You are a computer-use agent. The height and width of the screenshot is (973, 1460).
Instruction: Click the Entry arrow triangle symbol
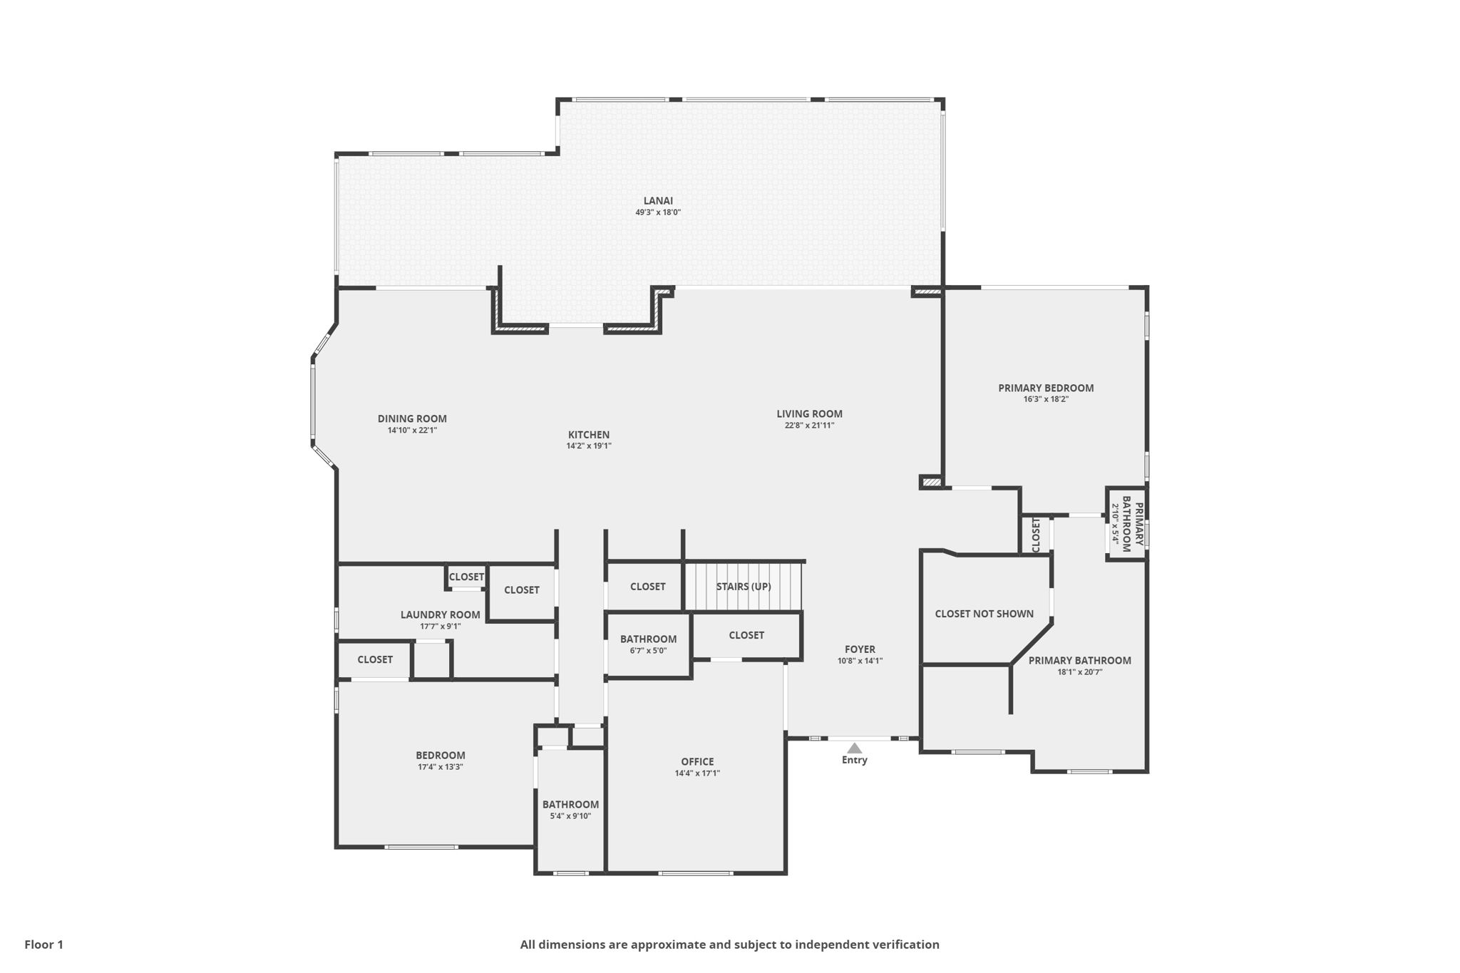pyautogui.click(x=854, y=748)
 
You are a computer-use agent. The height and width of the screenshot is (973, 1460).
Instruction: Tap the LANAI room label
pyautogui.click(x=658, y=201)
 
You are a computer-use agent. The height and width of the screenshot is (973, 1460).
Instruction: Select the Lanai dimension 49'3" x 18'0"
pyautogui.click(x=658, y=212)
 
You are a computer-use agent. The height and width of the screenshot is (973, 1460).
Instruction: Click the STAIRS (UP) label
pyautogui.click(x=744, y=587)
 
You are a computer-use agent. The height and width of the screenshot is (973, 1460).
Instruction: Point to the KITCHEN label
pyautogui.click(x=589, y=435)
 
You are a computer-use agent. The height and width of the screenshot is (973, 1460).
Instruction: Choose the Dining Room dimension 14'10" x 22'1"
pyautogui.click(x=412, y=431)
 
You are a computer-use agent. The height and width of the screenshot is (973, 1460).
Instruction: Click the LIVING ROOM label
pyautogui.click(x=809, y=414)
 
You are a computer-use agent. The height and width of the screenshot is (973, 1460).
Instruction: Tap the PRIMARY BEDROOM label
pyautogui.click(x=1046, y=388)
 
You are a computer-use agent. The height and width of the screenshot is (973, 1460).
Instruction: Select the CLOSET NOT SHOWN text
pyautogui.click(x=984, y=614)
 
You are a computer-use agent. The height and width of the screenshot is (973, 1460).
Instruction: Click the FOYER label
pyautogui.click(x=860, y=649)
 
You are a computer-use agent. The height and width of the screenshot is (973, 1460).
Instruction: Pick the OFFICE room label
pyautogui.click(x=697, y=762)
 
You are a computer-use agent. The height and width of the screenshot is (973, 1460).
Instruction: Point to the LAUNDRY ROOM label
pyautogui.click(x=440, y=615)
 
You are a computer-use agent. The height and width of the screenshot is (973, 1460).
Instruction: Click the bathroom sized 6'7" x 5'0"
pyautogui.click(x=648, y=639)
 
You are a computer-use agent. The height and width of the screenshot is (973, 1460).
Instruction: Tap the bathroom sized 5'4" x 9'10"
pyautogui.click(x=570, y=805)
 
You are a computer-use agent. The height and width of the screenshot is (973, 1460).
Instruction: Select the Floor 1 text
pyautogui.click(x=44, y=944)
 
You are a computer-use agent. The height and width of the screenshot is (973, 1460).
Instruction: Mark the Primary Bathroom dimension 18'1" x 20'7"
pyautogui.click(x=1079, y=671)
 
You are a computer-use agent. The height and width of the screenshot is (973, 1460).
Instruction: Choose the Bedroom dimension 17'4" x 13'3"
pyautogui.click(x=441, y=767)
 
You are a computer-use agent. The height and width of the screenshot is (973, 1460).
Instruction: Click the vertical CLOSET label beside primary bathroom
pyautogui.click(x=1036, y=535)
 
